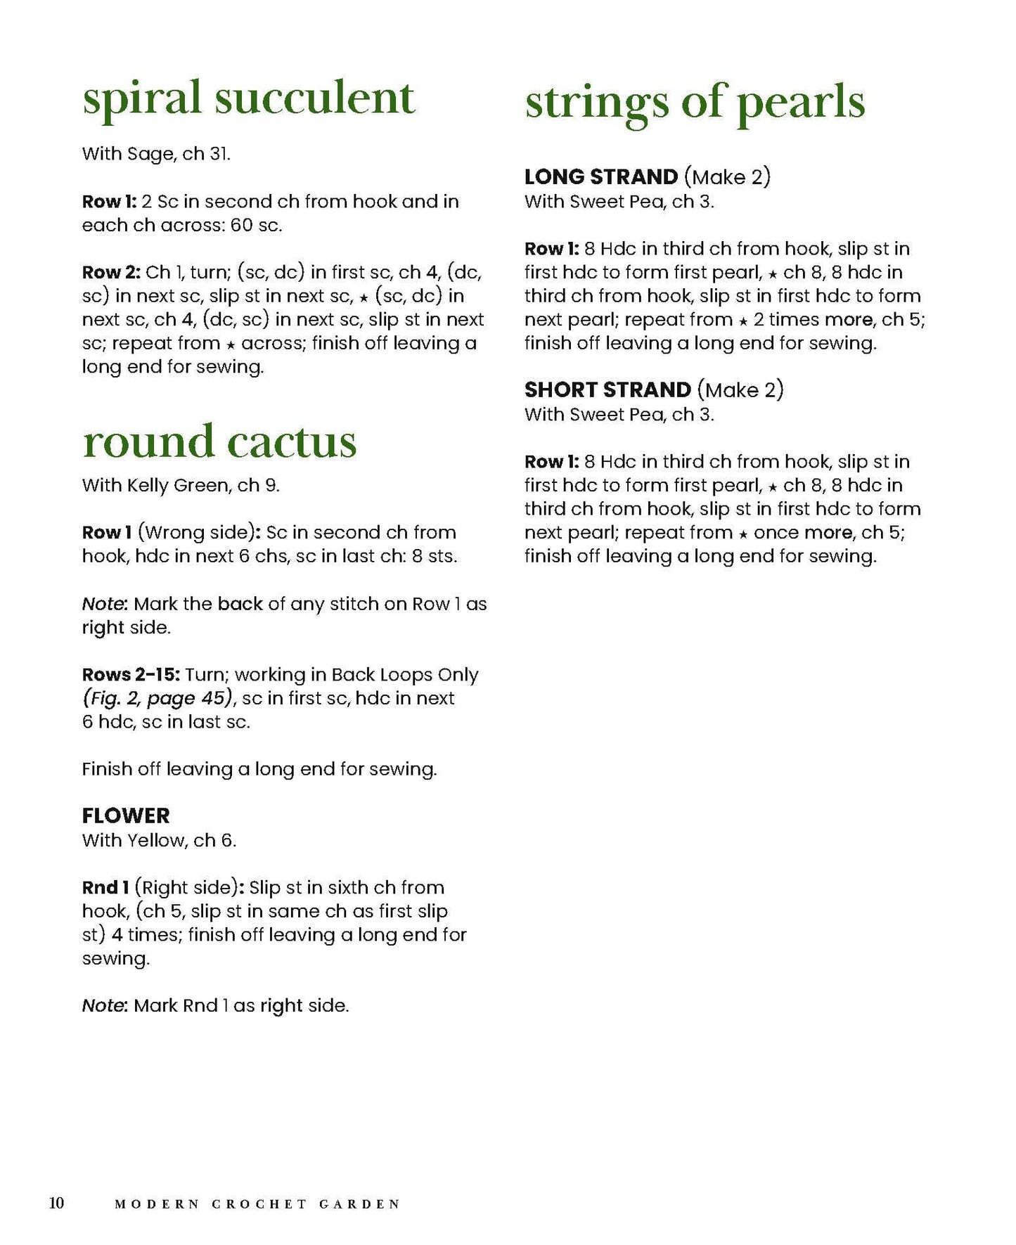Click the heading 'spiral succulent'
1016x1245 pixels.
pos(248,98)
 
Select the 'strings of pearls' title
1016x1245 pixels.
pos(695,103)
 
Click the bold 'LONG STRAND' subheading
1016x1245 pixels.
pos(601,176)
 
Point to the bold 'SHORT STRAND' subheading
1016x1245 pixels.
pos(607,389)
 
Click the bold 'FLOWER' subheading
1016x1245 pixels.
pos(126,815)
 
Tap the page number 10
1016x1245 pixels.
pos(56,1203)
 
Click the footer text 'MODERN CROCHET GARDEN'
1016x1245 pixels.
pos(257,1204)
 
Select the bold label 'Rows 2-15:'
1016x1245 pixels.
pos(131,675)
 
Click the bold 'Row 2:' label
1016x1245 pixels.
pos(111,272)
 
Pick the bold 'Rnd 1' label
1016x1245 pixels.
pos(105,887)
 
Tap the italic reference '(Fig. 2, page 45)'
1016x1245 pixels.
pos(157,698)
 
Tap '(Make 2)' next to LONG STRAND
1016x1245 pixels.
pos(727,176)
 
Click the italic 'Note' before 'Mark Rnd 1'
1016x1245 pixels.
pos(103,1005)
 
